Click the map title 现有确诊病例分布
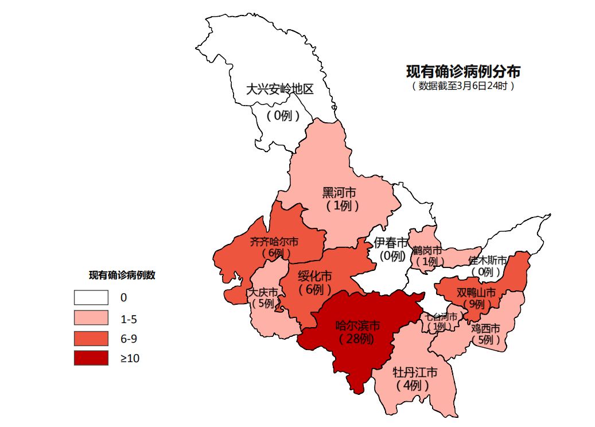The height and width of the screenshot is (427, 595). [463, 72]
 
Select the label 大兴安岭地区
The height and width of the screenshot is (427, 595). [280, 90]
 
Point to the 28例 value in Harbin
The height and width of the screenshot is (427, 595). [356, 339]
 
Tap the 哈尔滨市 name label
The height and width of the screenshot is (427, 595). [357, 325]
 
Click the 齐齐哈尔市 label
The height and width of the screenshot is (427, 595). [274, 242]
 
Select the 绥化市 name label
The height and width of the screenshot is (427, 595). [315, 277]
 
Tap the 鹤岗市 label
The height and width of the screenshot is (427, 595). [427, 251]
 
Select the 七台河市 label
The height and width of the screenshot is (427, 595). [441, 317]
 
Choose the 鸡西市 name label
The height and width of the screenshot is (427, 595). [485, 328]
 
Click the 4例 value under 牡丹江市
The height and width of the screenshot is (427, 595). [413, 385]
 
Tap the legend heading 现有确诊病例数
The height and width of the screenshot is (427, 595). [122, 275]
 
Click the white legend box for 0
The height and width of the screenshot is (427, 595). [91, 297]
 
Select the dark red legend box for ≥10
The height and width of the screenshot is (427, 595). [91, 358]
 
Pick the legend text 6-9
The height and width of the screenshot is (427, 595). [128, 339]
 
